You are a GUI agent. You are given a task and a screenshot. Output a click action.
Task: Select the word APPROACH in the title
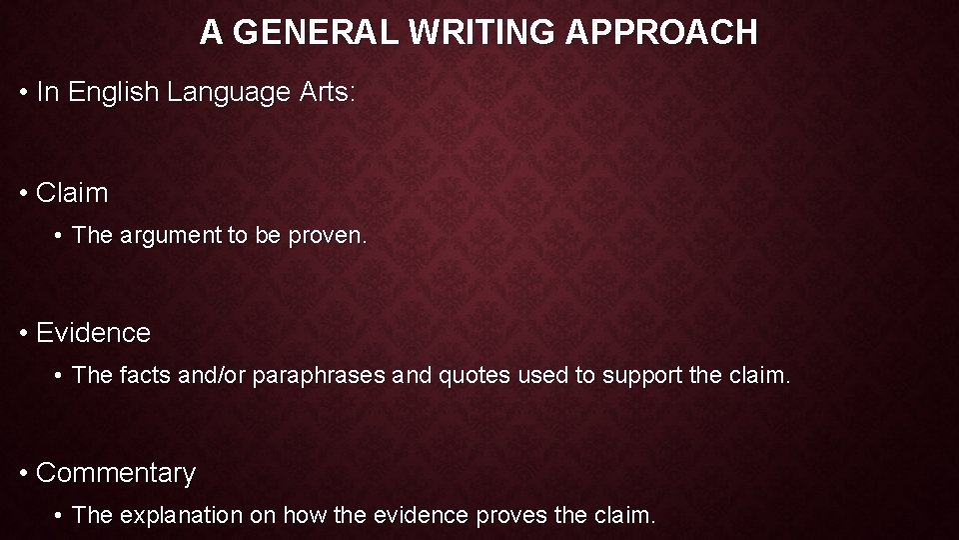pyautogui.click(x=662, y=33)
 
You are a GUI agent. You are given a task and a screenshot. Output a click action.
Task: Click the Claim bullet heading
pyautogui.click(x=72, y=193)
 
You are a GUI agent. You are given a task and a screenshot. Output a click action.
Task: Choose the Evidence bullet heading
pyautogui.click(x=93, y=333)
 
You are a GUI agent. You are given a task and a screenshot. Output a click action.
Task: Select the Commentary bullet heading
pyautogui.click(x=116, y=473)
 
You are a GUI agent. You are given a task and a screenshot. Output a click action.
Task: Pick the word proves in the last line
pyautogui.click(x=510, y=516)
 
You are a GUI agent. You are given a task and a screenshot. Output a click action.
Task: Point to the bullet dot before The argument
pyautogui.click(x=60, y=236)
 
